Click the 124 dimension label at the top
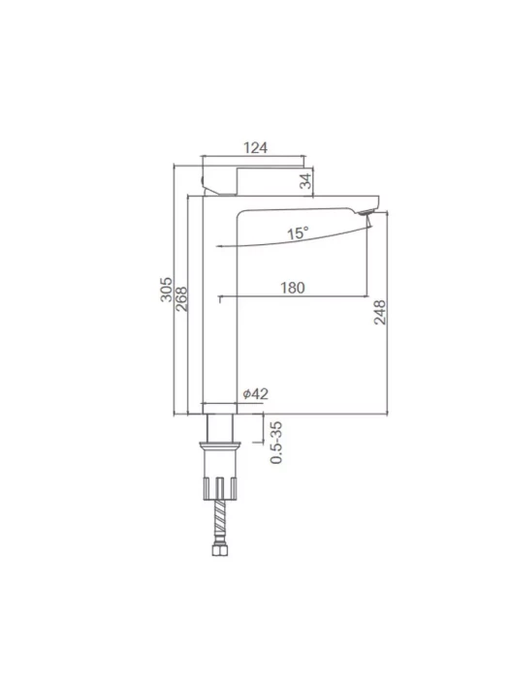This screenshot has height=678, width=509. coord(255,148)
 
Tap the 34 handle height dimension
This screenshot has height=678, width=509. coord(305,181)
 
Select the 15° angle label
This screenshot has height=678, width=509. coord(299,233)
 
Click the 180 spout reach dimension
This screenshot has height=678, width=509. coord(293,288)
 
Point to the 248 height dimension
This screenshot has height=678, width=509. coord(380,312)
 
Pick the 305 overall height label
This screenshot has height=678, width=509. coord(166,290)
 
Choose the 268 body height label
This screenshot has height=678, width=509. coord(182,299)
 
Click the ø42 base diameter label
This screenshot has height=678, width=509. coord(256,393)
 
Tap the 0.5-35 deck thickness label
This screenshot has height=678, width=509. coord(276,443)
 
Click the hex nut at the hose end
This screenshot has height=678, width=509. coord(220,550)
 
